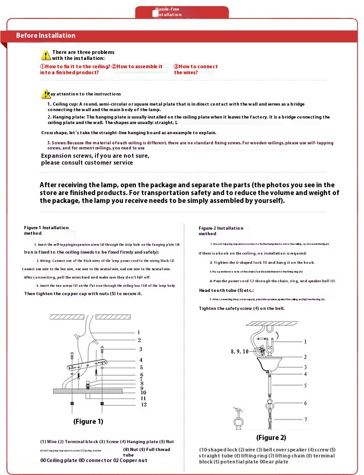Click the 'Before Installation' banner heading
pos(46,36)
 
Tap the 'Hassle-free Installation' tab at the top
pos(168,12)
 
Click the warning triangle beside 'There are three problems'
pos(46,55)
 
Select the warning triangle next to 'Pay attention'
pos(46,94)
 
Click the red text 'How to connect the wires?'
pos(195,69)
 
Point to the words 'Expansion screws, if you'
pos(95,156)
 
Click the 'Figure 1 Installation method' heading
pos(46,230)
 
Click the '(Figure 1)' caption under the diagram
pos(88,422)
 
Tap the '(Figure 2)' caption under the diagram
pos(271,438)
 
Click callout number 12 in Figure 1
pos(143,404)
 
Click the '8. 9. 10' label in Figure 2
pos(240,351)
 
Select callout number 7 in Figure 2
pos(305,420)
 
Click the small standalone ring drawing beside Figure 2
pos(239,420)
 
